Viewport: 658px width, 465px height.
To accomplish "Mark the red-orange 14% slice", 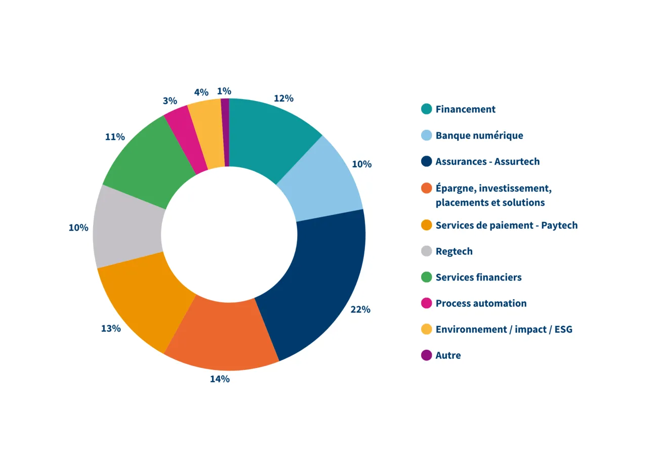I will click(223, 336).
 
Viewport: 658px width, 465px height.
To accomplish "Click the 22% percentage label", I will click(360, 309).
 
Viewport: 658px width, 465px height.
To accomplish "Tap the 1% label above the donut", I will click(224, 91).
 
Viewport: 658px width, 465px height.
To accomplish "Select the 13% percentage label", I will click(111, 329).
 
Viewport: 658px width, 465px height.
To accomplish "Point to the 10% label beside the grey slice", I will click(78, 227).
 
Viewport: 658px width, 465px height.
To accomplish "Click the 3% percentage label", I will click(170, 101).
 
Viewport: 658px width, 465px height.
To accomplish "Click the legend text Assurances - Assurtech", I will click(487, 162).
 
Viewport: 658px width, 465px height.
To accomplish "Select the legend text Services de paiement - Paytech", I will click(506, 225).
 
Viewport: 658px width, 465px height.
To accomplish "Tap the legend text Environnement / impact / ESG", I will click(504, 330).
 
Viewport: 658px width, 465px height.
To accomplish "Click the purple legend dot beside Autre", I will click(427, 355).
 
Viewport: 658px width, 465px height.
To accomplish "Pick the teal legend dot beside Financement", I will click(427, 109).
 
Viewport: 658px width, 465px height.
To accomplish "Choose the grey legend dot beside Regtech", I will click(427, 251).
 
